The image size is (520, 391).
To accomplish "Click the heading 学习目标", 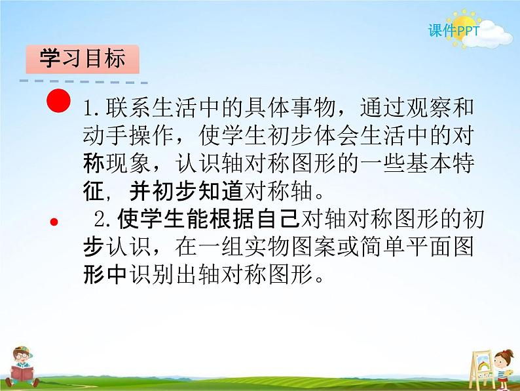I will click(x=83, y=60).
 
